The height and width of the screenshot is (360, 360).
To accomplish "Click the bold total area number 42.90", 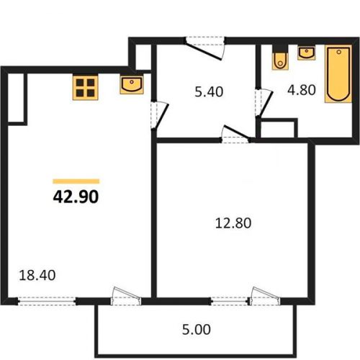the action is (76, 197).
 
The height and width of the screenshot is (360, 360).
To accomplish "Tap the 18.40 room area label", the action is (37, 275).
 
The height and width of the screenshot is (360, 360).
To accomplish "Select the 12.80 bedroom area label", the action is (233, 223).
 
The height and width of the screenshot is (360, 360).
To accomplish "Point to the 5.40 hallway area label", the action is (209, 92).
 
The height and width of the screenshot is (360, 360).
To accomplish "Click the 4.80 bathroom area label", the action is (302, 90).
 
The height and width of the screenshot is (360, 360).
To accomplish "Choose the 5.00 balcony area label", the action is (197, 330).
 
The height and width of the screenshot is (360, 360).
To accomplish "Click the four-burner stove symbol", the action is (86, 87).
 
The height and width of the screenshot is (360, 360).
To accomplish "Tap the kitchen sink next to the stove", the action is (132, 85).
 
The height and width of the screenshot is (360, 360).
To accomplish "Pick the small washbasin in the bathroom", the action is (307, 53).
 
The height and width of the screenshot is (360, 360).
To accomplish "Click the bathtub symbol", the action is (338, 74).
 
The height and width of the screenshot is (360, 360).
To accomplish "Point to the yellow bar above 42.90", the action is (76, 181).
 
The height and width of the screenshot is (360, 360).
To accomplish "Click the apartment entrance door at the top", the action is (205, 48).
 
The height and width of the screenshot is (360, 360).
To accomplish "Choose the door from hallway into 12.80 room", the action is (235, 135).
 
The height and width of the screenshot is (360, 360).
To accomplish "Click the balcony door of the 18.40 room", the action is (126, 296).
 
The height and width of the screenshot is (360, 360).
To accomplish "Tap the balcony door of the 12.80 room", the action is (264, 296).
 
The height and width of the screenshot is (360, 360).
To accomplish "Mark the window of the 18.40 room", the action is (47, 301).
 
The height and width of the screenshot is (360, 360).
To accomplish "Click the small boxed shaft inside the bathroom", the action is (278, 129).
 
